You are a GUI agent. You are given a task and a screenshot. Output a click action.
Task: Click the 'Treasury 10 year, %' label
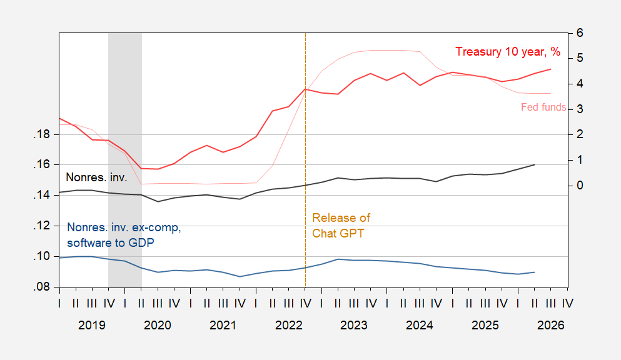tap(508, 52)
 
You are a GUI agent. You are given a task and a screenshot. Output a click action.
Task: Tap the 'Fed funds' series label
tap(543, 107)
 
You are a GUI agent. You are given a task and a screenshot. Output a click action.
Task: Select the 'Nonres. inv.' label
tap(96, 177)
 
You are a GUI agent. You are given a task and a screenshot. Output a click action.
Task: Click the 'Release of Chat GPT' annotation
tap(341, 226)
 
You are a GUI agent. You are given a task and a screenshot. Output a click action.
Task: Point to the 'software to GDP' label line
tap(111, 242)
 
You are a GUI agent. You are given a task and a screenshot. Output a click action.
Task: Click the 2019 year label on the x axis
tap(92, 325)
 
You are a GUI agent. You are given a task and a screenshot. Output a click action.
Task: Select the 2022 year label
tap(289, 325)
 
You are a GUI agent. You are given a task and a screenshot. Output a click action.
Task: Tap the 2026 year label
tap(550, 325)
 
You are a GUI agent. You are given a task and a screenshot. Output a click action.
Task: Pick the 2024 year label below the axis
tap(420, 325)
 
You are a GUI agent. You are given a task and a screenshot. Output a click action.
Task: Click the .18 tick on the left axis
tap(42, 134)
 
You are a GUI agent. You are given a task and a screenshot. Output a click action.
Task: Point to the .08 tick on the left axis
tap(42, 287)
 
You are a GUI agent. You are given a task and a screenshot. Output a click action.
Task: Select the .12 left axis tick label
tap(42, 226)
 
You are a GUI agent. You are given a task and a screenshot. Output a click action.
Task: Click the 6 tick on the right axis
tap(580, 33)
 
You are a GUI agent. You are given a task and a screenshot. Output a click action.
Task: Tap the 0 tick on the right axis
tap(580, 185)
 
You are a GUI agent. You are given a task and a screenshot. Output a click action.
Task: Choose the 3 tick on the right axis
tap(580, 109)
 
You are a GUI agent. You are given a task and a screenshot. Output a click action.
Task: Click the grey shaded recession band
tap(125, 160)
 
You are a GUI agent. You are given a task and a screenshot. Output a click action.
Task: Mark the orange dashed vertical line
tap(305, 160)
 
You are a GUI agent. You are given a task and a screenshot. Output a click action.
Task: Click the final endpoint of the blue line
tap(535, 272)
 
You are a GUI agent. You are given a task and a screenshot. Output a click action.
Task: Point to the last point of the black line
tap(535, 164)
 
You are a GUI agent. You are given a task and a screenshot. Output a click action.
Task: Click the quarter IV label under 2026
tap(568, 303)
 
